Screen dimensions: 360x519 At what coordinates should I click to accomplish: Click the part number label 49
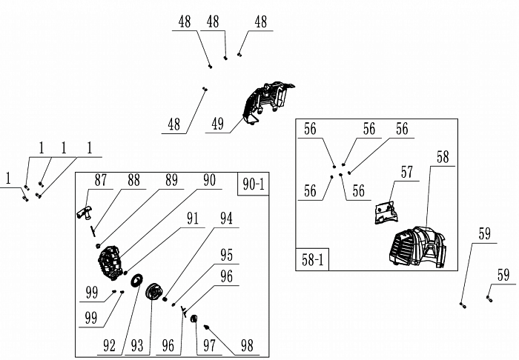coord(217,124)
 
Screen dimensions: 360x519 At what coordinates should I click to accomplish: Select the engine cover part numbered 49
coord(265,101)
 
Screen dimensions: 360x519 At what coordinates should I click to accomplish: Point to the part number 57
coord(406,173)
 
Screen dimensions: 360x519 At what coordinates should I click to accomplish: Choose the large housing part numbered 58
coord(416,247)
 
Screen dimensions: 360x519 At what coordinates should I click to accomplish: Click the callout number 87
coord(101,180)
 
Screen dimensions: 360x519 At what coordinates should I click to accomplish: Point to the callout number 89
coord(171,180)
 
